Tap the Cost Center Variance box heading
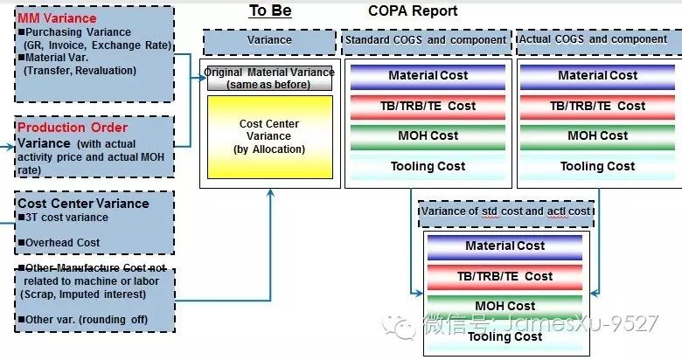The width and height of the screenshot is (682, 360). pos(83,204)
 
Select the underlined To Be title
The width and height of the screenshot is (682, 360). pos(270,10)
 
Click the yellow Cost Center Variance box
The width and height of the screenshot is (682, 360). pos(269,136)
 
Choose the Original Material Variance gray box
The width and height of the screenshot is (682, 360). pos(269,79)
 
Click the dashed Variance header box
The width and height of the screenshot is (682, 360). pos(269,40)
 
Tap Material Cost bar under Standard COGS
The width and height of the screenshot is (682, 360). pos(428,76)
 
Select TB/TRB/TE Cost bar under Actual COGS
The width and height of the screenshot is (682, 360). pos(598,106)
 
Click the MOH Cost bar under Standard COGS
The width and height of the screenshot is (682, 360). pos(428,136)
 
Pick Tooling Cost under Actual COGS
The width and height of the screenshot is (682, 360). pos(598,166)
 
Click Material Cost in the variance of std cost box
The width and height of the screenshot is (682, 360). pos(505,246)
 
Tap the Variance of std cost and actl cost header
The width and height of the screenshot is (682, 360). pos(506,211)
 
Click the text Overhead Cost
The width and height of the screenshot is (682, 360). pos(62,243)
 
